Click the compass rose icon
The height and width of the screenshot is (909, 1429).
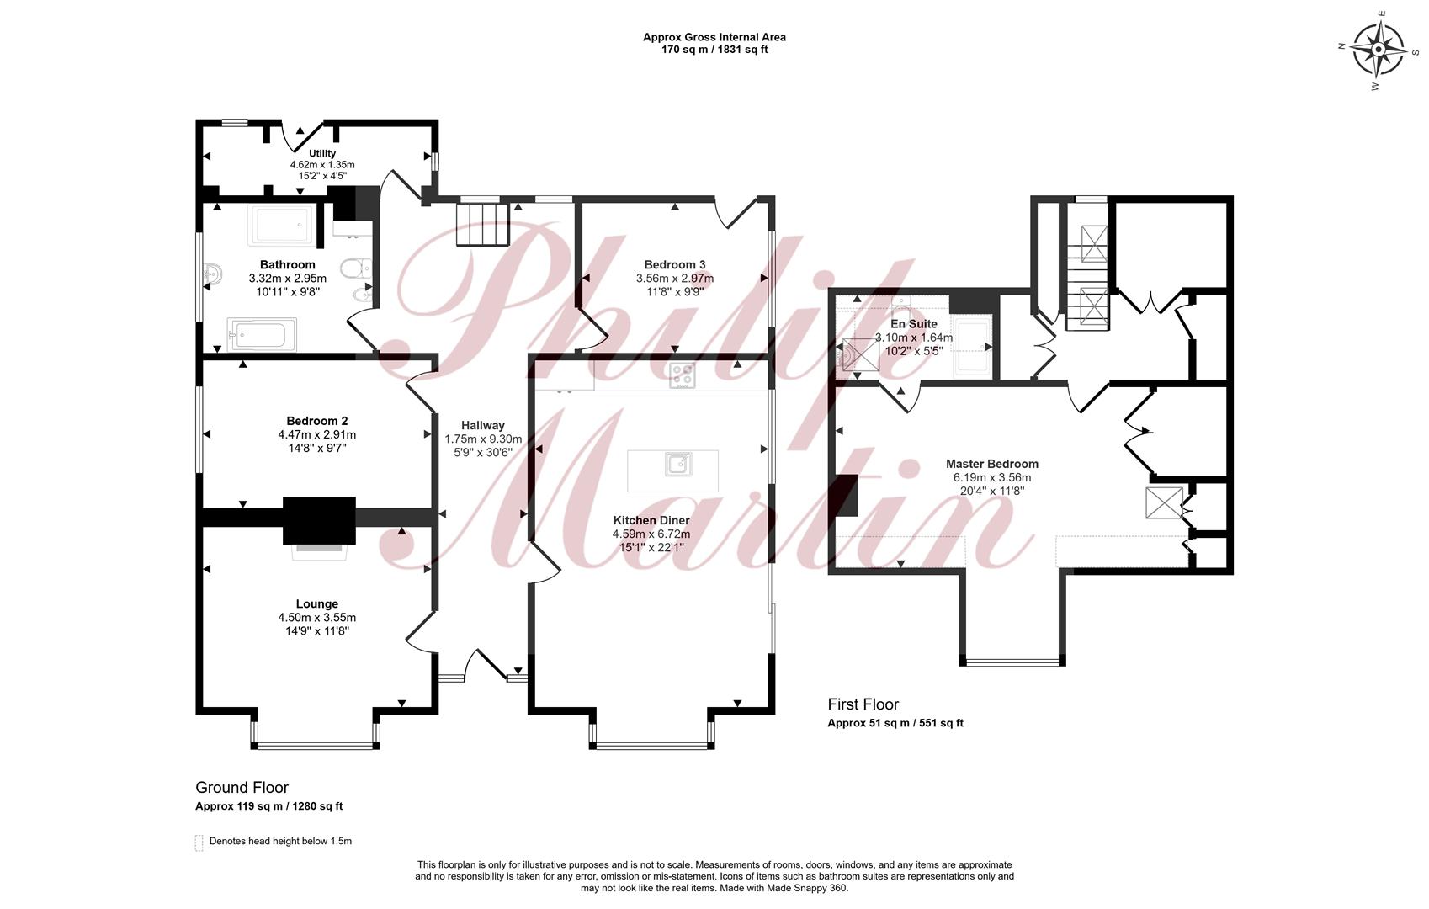[x=1378, y=50]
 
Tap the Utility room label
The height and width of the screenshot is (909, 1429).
[x=322, y=153]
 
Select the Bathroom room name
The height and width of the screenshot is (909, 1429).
[x=287, y=265]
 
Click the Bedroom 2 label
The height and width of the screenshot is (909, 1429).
[x=317, y=421]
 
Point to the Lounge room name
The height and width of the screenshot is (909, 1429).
[x=317, y=603]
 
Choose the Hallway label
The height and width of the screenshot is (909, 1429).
[x=483, y=426]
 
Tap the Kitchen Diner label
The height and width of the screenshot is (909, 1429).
[x=651, y=520]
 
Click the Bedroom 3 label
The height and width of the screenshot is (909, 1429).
[x=675, y=265]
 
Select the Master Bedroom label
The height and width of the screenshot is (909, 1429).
[x=992, y=464]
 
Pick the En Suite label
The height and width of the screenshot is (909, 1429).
[x=914, y=324]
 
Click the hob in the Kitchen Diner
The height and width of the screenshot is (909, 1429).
[x=682, y=375]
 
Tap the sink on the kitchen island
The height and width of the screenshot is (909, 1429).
[x=677, y=464]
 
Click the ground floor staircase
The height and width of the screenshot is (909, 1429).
[x=482, y=224]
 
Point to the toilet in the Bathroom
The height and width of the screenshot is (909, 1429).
[x=355, y=268]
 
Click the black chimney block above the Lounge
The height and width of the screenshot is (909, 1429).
[x=319, y=520]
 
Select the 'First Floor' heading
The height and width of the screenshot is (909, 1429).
[x=863, y=704]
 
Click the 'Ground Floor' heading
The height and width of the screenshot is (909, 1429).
[x=242, y=787]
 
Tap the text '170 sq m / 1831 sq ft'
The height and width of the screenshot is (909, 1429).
[x=714, y=49]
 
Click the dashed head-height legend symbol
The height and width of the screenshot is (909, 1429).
[x=199, y=843]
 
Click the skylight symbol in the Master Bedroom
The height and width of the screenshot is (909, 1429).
[x=1164, y=502]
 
